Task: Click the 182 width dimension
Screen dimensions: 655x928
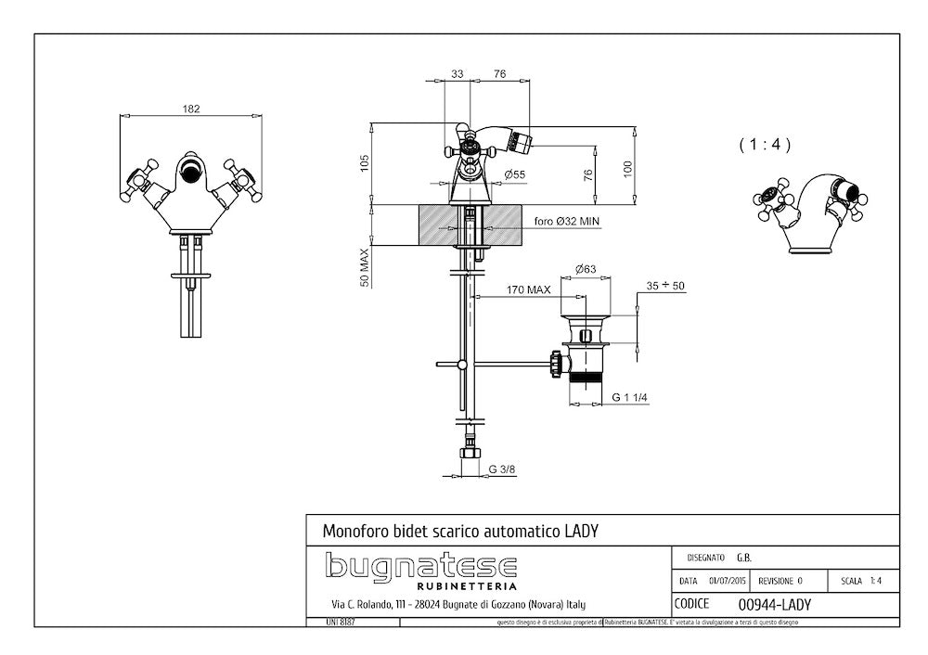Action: (x=190, y=109)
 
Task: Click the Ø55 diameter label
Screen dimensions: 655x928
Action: (x=515, y=174)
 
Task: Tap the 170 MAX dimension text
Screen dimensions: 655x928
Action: (x=529, y=289)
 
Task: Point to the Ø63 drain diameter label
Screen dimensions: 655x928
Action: (x=585, y=269)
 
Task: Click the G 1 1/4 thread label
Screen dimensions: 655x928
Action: (x=629, y=397)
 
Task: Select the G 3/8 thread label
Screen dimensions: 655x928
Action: (x=503, y=469)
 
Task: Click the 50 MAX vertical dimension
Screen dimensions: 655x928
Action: (x=366, y=267)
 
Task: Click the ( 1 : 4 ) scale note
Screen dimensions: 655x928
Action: (x=765, y=145)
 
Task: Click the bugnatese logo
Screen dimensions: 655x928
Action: (x=420, y=566)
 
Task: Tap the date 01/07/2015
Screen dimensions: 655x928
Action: (x=727, y=581)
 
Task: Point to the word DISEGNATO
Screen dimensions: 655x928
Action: (x=705, y=558)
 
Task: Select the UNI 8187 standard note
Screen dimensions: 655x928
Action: (x=330, y=622)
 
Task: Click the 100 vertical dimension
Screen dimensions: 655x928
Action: (x=627, y=168)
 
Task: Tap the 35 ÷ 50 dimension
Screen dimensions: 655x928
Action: (x=665, y=286)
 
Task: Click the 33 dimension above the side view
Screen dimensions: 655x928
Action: (x=458, y=74)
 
